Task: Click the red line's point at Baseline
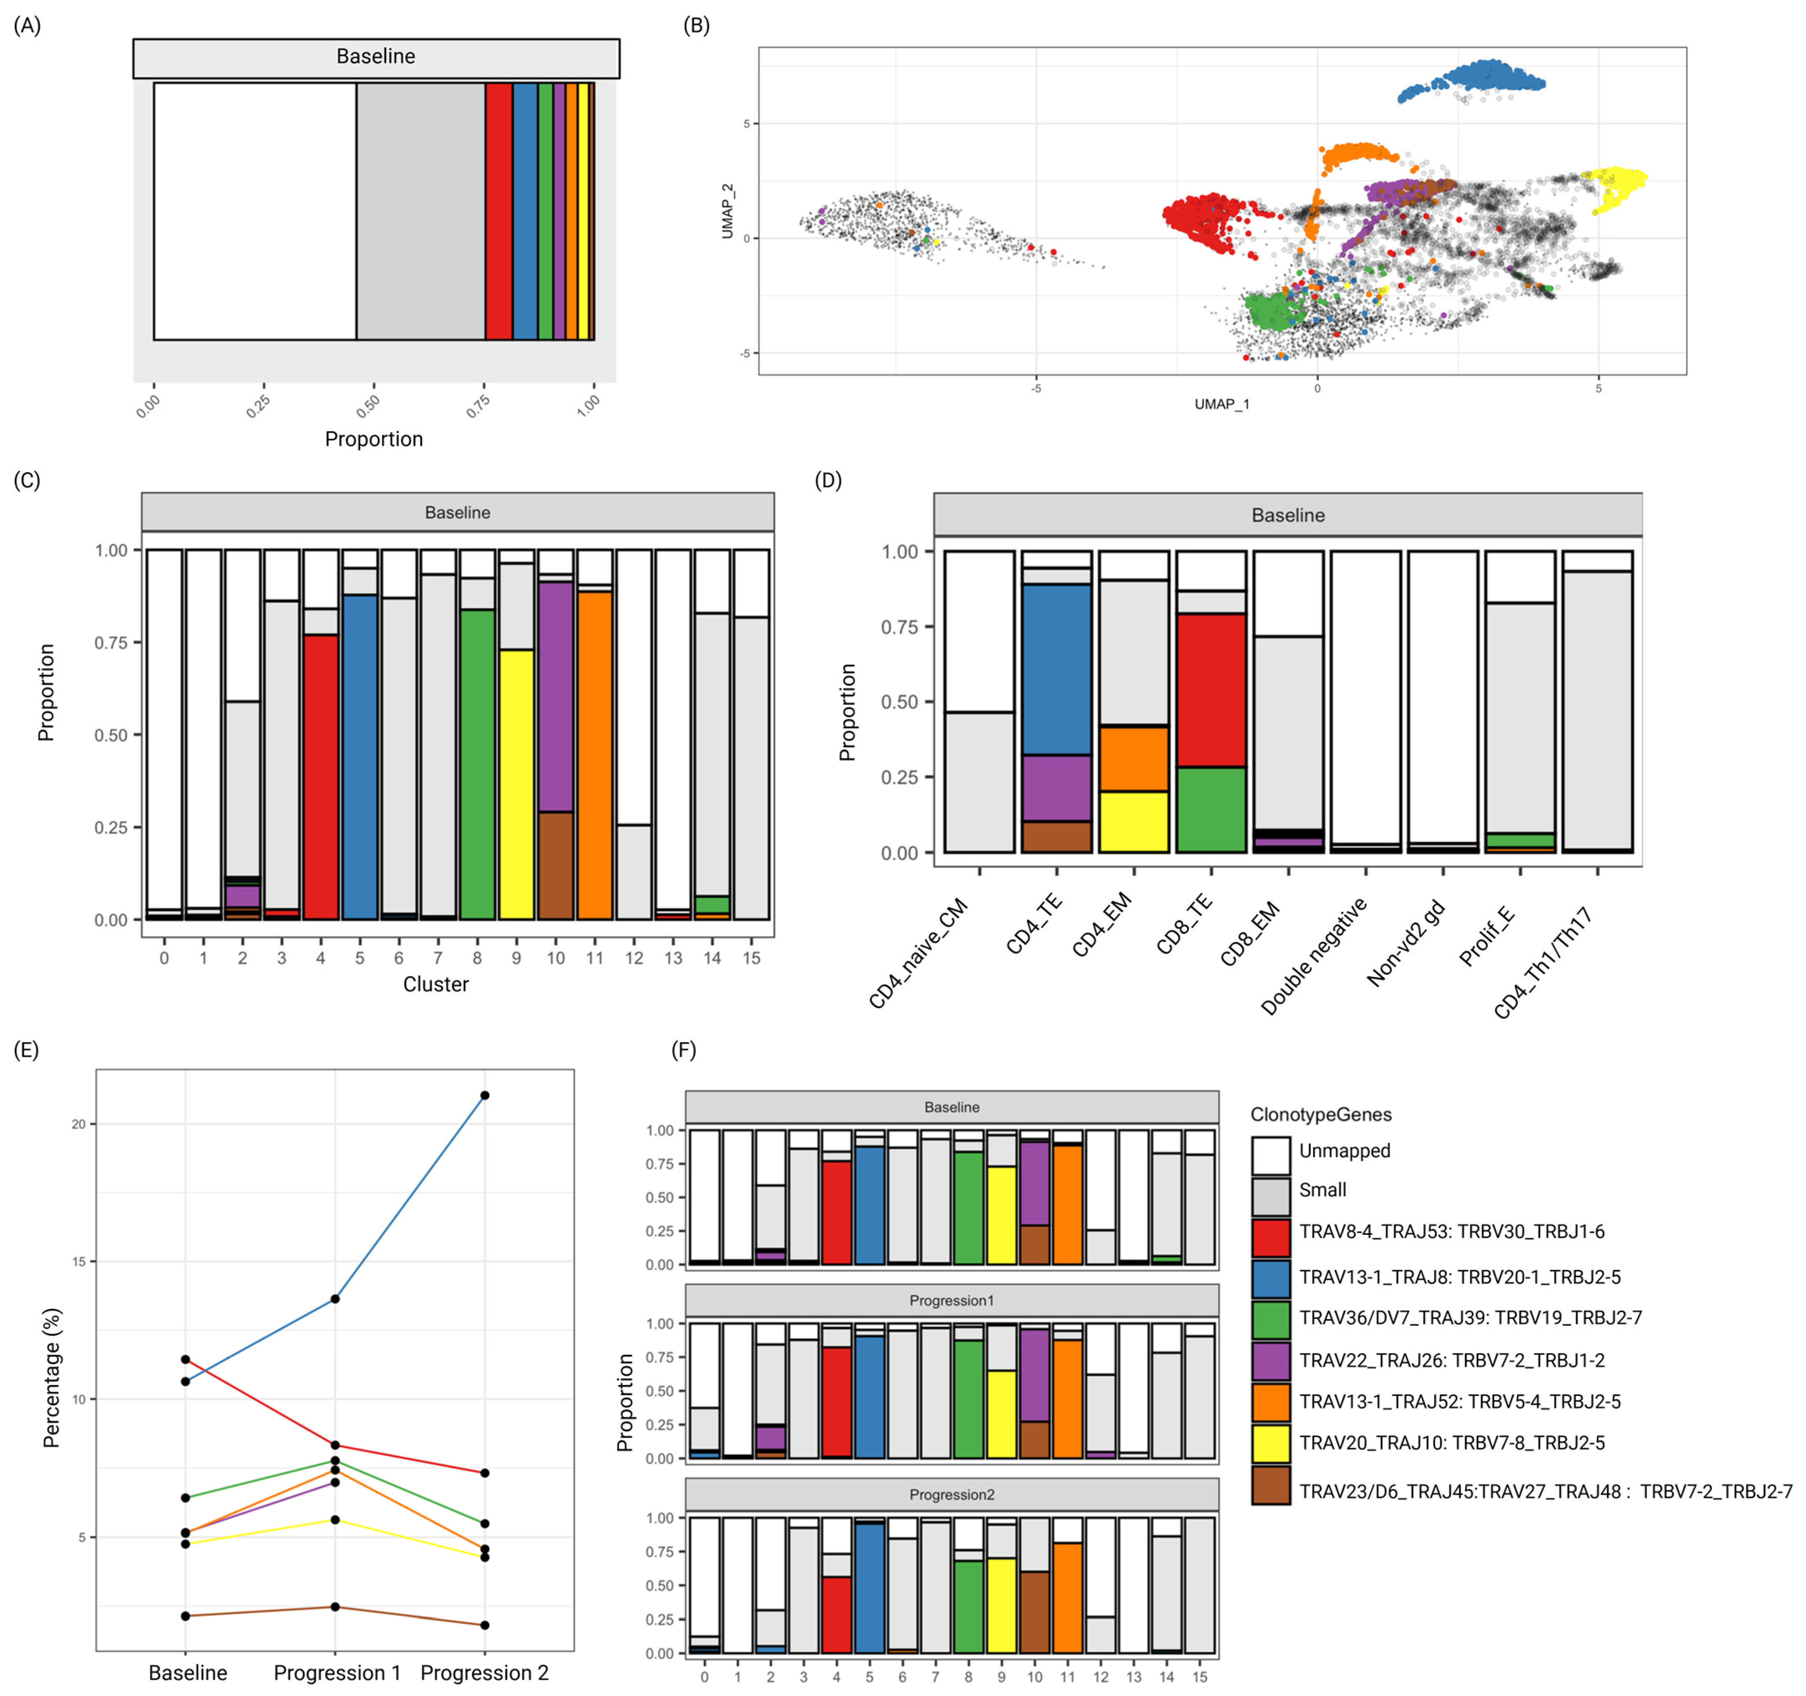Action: click(185, 1360)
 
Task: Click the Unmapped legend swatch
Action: click(1270, 1155)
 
